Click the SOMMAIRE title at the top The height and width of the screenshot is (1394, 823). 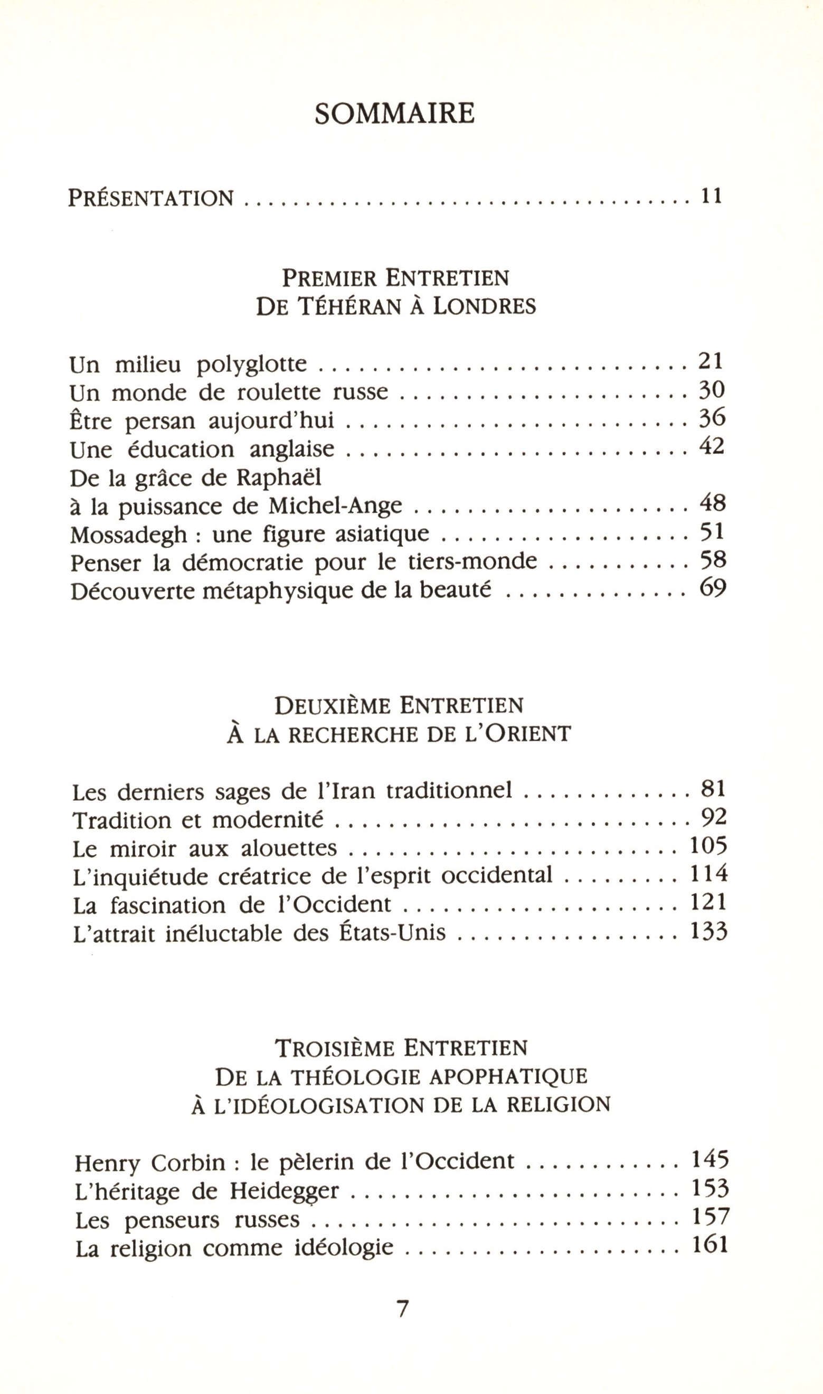point(394,113)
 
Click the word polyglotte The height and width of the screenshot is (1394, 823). point(252,364)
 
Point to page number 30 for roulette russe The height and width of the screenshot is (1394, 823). point(712,391)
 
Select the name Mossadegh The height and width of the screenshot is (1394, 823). point(129,535)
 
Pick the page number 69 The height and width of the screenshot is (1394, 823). point(713,588)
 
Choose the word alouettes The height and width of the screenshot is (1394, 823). point(289,848)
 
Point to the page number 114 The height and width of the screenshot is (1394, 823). point(708,875)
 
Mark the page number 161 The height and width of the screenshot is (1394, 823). point(710,1246)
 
